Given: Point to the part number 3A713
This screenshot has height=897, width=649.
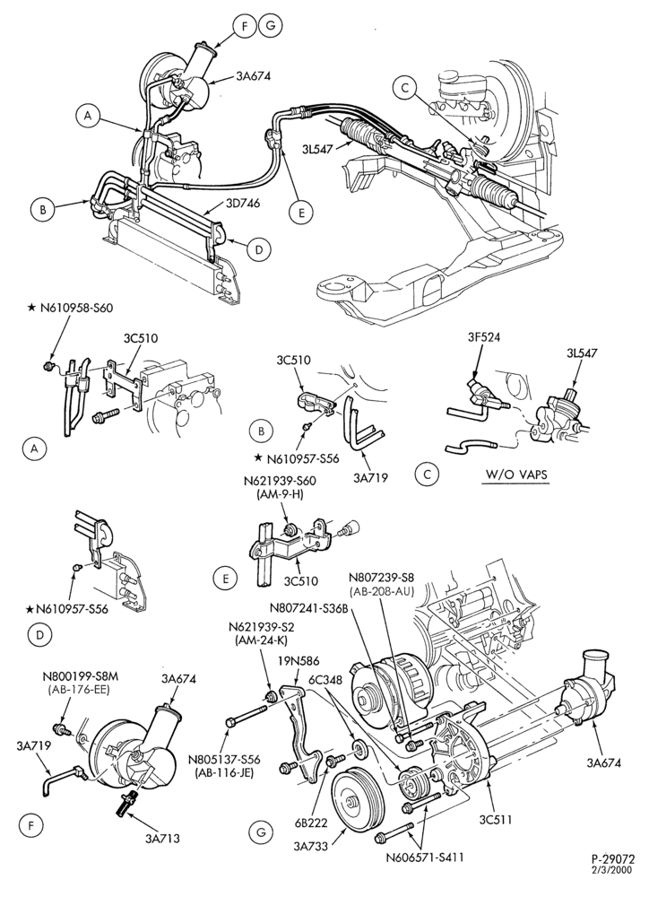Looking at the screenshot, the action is point(162,839).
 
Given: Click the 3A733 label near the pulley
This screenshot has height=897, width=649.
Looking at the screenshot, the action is point(310,846).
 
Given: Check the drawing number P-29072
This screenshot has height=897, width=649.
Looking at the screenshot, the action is point(613,875).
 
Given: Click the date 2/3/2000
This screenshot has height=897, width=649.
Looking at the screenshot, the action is point(615,884).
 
